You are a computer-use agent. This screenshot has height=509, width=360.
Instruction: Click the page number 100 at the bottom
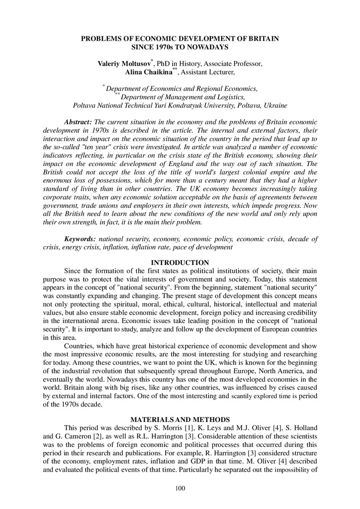coord(180,489)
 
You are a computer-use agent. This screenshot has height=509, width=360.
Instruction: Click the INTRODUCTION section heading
coord(180,262)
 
